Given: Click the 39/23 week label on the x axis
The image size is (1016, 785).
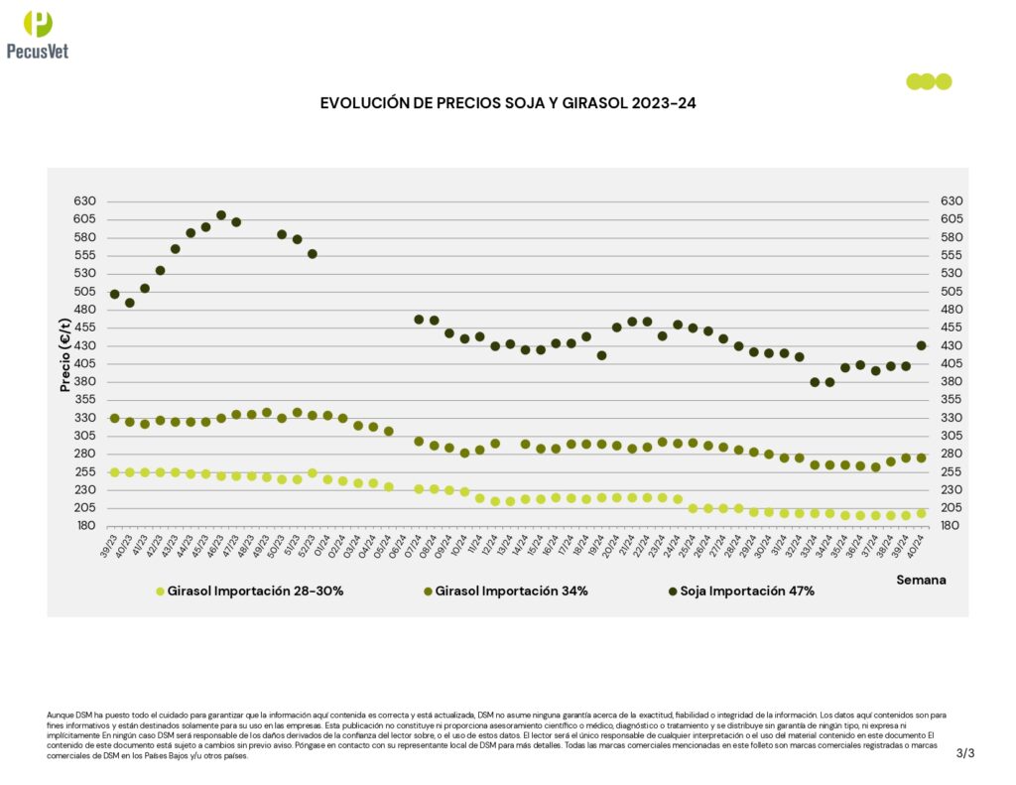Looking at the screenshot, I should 110,543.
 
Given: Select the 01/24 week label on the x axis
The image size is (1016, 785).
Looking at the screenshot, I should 323,543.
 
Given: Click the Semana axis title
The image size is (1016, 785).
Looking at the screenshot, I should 921,579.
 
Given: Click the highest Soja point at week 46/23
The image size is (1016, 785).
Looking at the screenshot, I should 221,215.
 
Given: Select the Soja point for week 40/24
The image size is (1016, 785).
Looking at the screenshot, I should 921,345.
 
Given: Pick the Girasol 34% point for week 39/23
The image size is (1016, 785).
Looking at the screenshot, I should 114,419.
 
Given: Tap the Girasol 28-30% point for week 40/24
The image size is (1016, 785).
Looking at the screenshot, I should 921,513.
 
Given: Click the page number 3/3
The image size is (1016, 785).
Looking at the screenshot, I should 965,753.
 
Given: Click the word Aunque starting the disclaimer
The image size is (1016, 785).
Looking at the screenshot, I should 60,715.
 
